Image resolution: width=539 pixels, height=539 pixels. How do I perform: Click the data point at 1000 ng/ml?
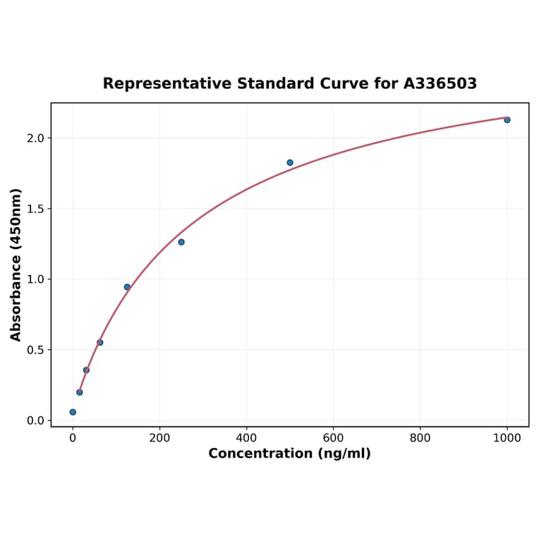tap(507, 120)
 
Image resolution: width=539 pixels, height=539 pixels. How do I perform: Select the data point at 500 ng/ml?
tap(290, 162)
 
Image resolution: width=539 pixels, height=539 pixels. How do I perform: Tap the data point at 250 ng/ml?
tap(181, 242)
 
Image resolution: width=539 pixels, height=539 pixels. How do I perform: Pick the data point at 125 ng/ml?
tap(127, 287)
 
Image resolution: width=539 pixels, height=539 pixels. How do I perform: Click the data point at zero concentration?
tap(73, 412)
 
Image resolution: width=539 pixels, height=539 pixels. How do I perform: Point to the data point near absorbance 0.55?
tap(100, 343)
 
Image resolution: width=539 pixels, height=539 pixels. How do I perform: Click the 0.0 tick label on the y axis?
tap(35, 420)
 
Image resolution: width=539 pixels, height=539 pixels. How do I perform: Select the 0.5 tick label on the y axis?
tap(35, 350)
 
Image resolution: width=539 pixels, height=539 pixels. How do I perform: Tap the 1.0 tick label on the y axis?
tap(35, 279)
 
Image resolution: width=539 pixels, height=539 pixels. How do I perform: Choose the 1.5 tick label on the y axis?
tap(35, 209)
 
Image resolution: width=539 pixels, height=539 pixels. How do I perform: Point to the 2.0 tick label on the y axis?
tap(35, 138)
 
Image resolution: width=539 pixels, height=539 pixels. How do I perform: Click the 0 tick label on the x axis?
tap(73, 438)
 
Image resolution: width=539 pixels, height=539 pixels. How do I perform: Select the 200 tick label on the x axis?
tap(159, 438)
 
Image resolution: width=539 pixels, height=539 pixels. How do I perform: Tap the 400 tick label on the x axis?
tap(246, 438)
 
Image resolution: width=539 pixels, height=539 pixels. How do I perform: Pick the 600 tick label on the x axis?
tap(333, 438)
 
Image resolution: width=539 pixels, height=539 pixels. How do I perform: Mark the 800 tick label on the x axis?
tap(420, 438)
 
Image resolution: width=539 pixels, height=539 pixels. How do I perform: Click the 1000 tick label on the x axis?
tap(507, 438)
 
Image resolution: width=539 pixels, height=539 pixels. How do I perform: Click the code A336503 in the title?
tap(440, 84)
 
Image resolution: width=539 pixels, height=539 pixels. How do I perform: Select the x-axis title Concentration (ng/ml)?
tap(289, 454)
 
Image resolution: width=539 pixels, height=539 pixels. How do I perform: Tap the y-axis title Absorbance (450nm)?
tap(16, 265)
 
